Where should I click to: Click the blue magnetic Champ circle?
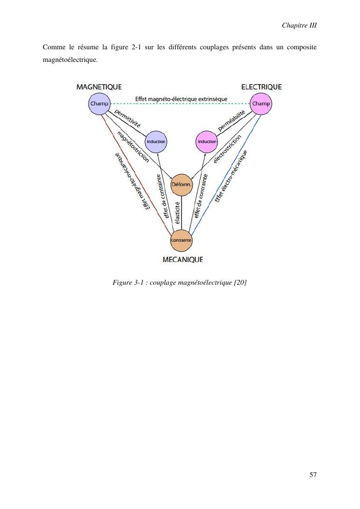99,104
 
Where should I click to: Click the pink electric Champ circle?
261,104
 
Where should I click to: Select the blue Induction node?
156,142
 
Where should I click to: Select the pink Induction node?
207,142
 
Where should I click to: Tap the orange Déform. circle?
182,185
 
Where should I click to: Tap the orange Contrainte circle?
182,240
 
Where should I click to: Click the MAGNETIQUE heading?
99,87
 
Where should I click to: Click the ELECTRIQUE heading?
261,87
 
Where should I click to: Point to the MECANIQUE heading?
183,260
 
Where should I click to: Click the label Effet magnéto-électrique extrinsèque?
181,100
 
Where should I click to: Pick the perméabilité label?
232,121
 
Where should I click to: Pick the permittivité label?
128,118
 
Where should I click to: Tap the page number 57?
313,475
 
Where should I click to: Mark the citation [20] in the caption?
240,282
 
